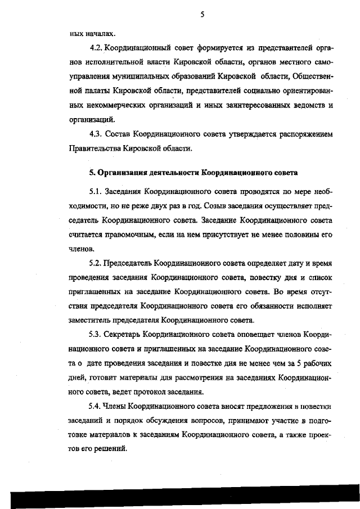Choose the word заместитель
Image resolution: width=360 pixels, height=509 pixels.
tap(89, 321)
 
